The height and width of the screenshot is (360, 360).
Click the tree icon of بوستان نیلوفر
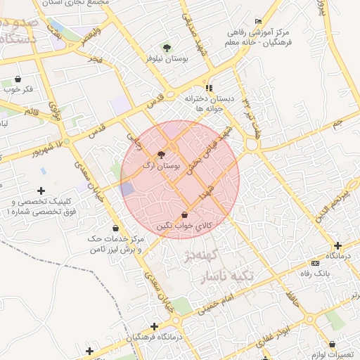coord(167,48)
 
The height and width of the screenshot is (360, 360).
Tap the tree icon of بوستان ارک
coord(162,155)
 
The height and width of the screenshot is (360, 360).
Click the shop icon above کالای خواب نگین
coord(184,214)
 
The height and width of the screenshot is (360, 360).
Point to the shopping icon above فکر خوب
coord(18,79)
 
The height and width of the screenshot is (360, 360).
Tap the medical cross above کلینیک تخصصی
coord(41,191)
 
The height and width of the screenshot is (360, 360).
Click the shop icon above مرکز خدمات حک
coord(116,229)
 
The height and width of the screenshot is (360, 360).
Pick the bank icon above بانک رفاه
coord(314,263)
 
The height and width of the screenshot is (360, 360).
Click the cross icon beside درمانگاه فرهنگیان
coord(154,326)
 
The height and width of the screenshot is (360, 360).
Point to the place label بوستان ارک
coord(162,166)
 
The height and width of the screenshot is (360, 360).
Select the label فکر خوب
coord(18,89)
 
